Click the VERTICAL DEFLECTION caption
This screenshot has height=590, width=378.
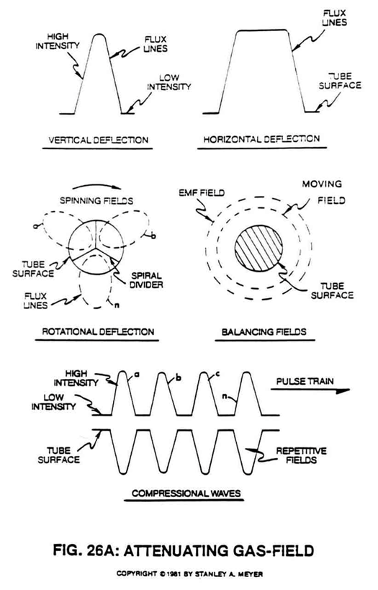click(98, 140)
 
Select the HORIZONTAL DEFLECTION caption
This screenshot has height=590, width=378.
click(261, 139)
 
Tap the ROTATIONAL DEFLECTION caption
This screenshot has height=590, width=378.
click(98, 331)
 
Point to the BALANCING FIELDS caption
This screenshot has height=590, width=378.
click(264, 331)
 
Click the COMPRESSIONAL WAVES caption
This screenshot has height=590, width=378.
click(186, 493)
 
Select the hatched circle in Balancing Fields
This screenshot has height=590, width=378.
click(258, 248)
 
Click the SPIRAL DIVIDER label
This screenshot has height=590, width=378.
click(146, 280)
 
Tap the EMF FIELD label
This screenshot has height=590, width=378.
click(202, 192)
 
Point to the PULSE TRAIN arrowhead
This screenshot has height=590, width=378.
click(343, 390)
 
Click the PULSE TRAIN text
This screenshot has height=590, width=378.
click(305, 381)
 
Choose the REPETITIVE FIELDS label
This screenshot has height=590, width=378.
click(301, 455)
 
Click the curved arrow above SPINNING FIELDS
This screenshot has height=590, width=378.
click(96, 186)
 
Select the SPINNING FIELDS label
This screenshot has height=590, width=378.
click(96, 200)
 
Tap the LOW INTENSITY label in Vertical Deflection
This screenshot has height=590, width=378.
click(169, 82)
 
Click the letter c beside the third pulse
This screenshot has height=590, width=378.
click(217, 374)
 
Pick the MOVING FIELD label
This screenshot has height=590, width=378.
click(324, 192)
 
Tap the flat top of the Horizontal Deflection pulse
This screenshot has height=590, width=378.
click(262, 30)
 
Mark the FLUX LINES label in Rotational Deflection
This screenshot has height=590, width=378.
click(36, 300)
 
